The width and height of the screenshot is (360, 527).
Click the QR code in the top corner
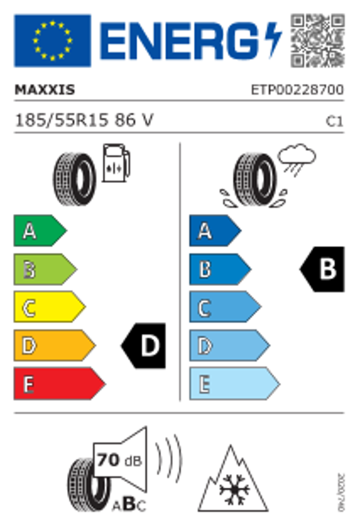coord(318,40)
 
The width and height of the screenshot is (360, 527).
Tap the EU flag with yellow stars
coord(52,41)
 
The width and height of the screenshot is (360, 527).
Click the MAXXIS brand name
coord(44,90)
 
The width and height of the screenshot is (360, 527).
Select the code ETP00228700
coord(297,90)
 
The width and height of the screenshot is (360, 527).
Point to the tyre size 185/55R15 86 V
coord(83,121)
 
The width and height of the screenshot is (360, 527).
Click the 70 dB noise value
coord(117,461)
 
